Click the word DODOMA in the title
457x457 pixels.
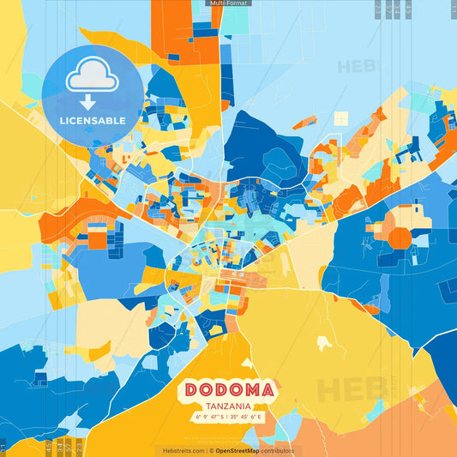coord(228,390)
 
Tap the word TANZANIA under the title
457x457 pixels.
coord(228,406)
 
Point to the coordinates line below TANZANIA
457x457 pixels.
coord(228,418)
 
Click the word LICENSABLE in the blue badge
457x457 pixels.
coord(93,120)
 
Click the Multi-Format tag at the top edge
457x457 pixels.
coord(228,3)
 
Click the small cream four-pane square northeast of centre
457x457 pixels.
coord(341,118)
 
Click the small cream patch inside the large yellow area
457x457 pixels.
coord(324,343)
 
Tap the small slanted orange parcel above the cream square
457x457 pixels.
coord(304,122)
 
